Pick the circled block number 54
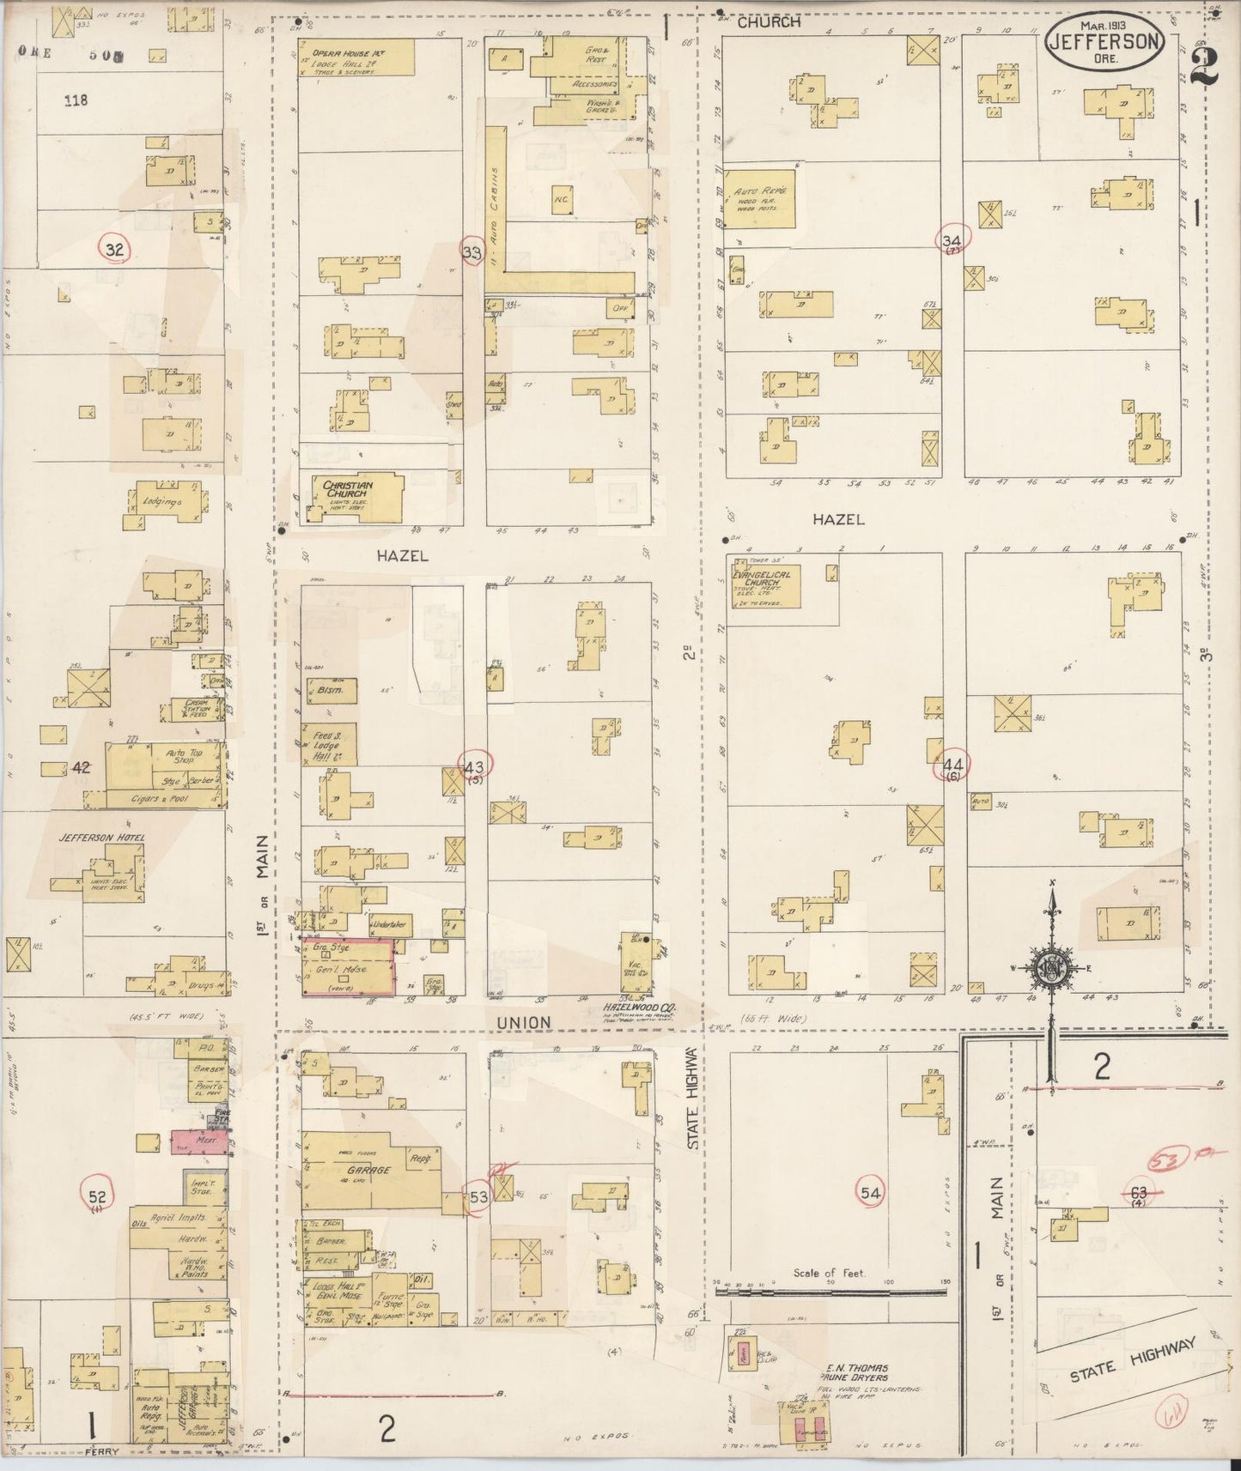click(871, 1192)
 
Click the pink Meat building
click(199, 1141)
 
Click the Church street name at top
click(769, 22)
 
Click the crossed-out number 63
click(1139, 1192)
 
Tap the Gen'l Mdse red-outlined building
click(349, 967)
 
